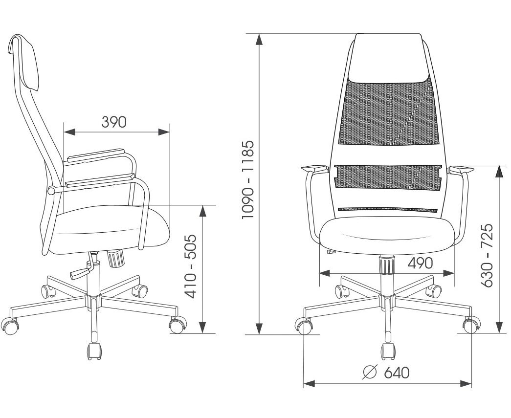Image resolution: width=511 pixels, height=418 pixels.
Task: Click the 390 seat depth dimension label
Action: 113,122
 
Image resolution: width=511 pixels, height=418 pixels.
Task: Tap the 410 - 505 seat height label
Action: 191,266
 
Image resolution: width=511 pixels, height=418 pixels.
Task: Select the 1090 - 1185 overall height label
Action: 248,179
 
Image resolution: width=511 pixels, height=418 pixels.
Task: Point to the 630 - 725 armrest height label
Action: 487,255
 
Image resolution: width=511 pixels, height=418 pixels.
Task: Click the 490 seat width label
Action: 420,263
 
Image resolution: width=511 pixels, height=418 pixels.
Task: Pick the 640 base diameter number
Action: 396,373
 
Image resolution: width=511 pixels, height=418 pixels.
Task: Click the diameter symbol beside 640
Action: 370,373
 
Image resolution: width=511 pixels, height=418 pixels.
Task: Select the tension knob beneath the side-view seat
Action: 116,258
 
